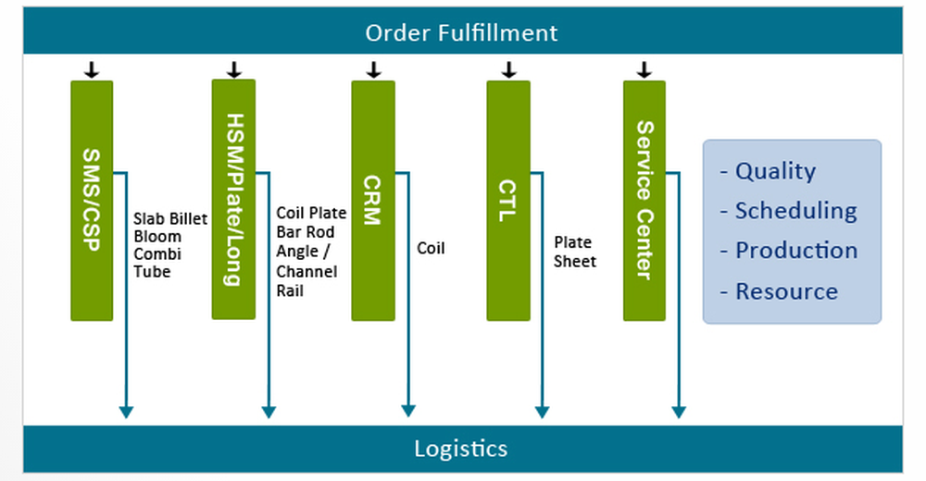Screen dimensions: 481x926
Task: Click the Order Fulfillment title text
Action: pyautogui.click(x=461, y=33)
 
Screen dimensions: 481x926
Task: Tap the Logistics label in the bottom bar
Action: pyautogui.click(x=460, y=449)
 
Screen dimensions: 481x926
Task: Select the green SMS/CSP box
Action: pyautogui.click(x=92, y=201)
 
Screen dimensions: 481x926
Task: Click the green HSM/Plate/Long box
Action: pyautogui.click(x=233, y=199)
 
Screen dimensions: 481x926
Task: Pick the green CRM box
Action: pyautogui.click(x=372, y=201)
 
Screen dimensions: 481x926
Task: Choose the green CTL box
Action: pyautogui.click(x=508, y=201)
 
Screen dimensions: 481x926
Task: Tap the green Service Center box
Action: pyautogui.click(x=644, y=201)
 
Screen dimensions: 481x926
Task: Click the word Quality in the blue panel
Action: pyautogui.click(x=775, y=171)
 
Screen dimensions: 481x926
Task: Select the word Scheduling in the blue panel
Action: pyautogui.click(x=795, y=211)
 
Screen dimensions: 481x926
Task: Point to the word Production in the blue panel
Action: pyautogui.click(x=795, y=251)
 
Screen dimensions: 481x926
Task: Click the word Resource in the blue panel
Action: pyautogui.click(x=786, y=291)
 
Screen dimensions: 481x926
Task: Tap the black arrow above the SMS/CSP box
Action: pyautogui.click(x=91, y=69)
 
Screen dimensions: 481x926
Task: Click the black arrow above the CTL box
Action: pyautogui.click(x=508, y=69)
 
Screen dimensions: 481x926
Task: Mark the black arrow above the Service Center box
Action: pyautogui.click(x=644, y=69)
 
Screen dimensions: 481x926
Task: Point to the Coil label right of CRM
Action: pyautogui.click(x=431, y=248)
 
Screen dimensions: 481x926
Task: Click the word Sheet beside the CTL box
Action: pyautogui.click(x=575, y=261)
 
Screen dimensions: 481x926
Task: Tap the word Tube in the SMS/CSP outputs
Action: pyautogui.click(x=152, y=271)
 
